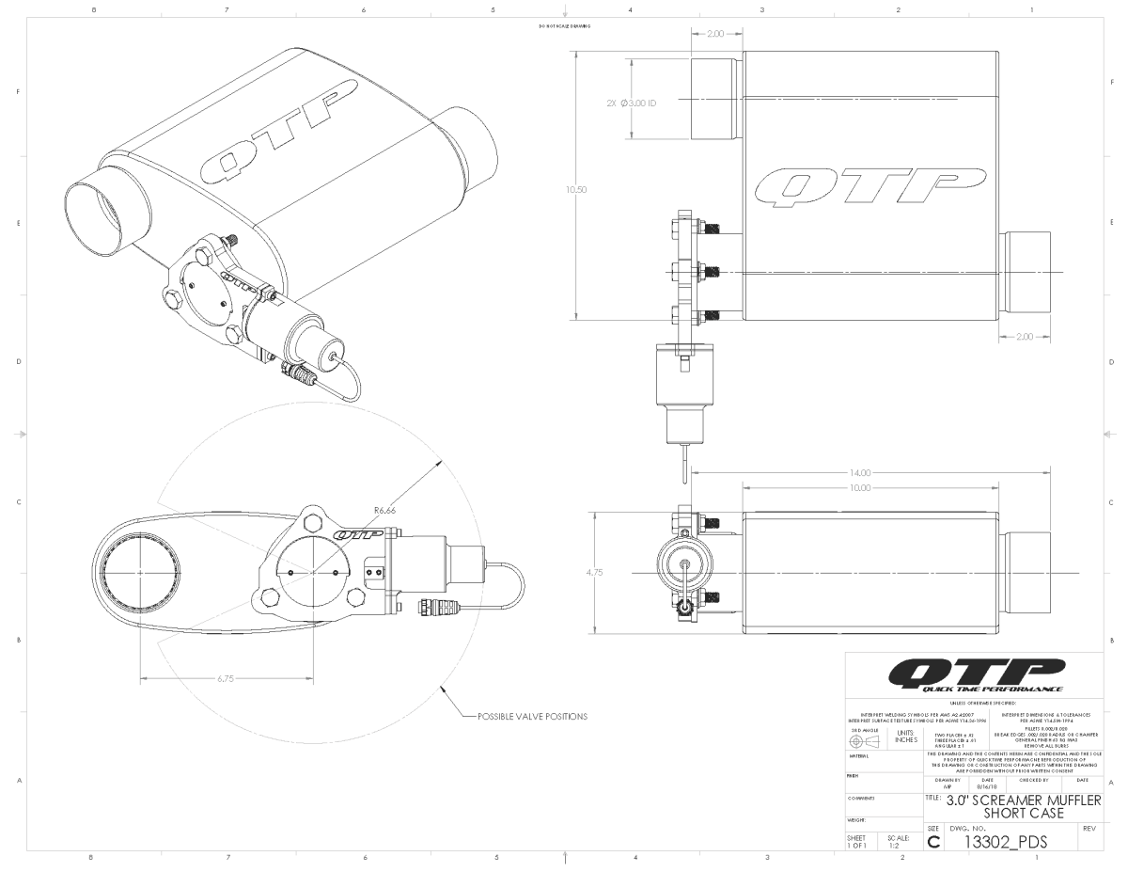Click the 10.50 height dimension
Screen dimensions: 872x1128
[576, 189]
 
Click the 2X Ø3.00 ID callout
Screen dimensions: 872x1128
[633, 102]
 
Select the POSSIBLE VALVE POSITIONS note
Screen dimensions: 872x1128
[532, 716]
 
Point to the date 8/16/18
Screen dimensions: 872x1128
[985, 785]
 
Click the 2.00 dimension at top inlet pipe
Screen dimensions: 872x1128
[715, 34]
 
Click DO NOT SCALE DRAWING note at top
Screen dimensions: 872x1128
[564, 26]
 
